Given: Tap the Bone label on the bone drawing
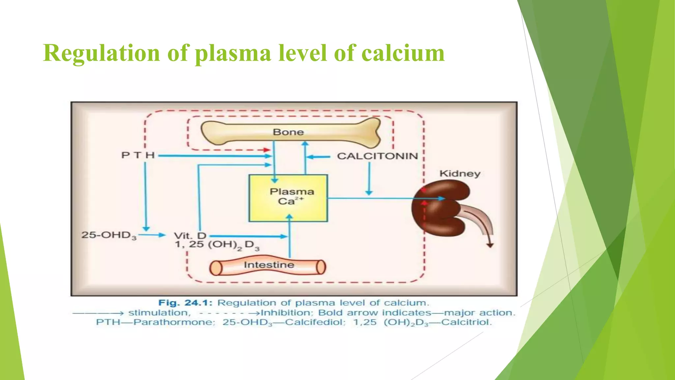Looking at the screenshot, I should tap(288, 132).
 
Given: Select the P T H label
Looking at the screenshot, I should tap(138, 155).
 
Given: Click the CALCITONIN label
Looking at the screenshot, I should tap(377, 156).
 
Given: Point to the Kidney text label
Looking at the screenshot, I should tap(460, 174).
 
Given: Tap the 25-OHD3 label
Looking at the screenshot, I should tap(109, 235).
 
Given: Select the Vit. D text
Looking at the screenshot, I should tap(190, 236).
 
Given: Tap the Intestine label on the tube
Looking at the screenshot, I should tap(269, 265).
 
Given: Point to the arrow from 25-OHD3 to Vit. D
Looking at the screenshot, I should tap(152, 235).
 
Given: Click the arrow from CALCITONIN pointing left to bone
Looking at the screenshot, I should tap(318, 157).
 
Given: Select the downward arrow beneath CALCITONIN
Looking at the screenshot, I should tap(369, 178).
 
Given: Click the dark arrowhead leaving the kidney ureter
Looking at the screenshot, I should tap(490, 245).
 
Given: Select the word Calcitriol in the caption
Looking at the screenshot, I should tap(466, 322).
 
